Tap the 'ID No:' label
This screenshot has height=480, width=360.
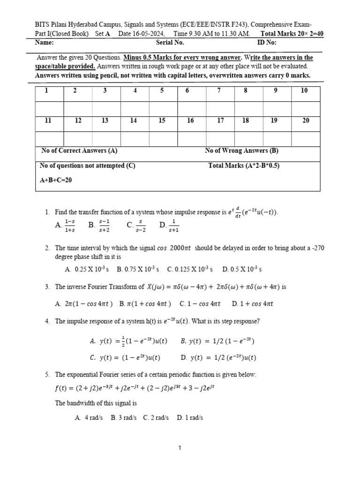click(x=267, y=43)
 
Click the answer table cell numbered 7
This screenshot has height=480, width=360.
click(x=218, y=90)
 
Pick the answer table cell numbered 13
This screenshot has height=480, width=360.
click(x=105, y=120)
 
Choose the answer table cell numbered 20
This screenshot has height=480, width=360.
click(x=306, y=120)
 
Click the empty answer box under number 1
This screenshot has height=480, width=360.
click(x=49, y=108)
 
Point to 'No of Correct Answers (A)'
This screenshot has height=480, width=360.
click(x=79, y=150)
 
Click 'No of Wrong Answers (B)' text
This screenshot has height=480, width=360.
click(x=241, y=150)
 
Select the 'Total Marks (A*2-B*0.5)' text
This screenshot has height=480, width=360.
click(x=243, y=165)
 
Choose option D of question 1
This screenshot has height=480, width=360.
click(x=169, y=225)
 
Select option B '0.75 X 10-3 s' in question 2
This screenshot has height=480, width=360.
click(x=138, y=269)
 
